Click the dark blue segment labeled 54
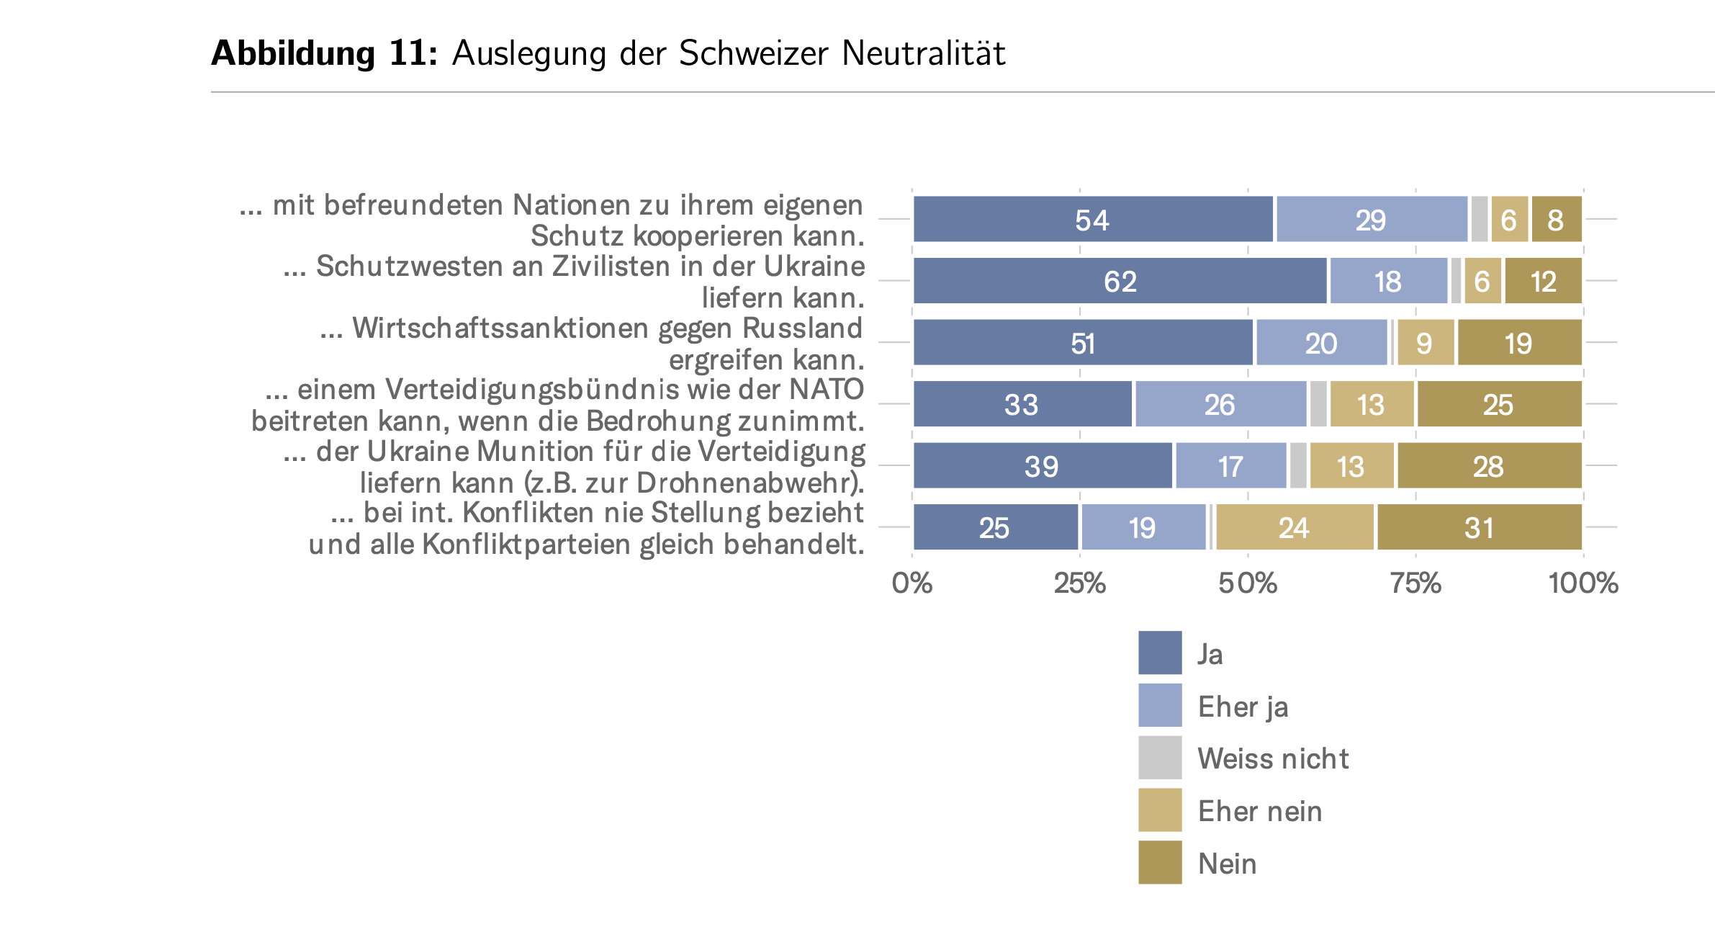1092,219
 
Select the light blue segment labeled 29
1371,219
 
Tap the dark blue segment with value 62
1120,281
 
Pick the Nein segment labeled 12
1543,281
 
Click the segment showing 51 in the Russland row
1083,342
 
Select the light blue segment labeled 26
1220,404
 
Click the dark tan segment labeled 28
1489,465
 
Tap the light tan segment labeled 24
1294,527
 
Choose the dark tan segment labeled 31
1479,527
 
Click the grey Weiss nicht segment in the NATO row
1318,404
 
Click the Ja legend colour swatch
1159,653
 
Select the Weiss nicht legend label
1273,758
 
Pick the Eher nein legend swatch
1159,810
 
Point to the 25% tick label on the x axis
1079,583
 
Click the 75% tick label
1415,583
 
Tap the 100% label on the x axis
1583,583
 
